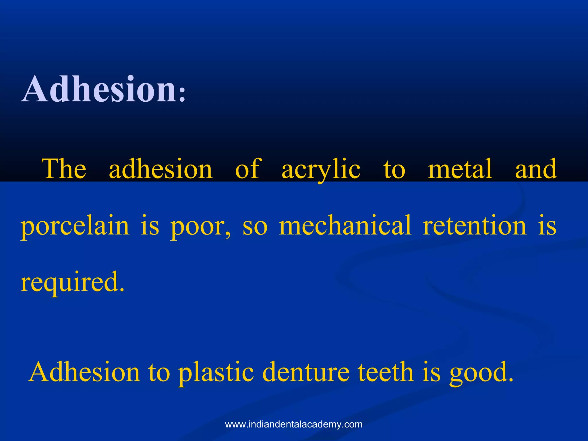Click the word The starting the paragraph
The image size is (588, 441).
click(x=64, y=169)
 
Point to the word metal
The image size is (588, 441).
click(x=460, y=169)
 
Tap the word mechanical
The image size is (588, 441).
click(x=345, y=226)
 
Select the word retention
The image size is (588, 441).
click(x=475, y=226)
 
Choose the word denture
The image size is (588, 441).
click(x=306, y=372)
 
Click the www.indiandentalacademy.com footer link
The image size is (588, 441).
click(x=294, y=424)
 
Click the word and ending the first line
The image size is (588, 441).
click(x=536, y=169)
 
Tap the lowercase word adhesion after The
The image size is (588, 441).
click(x=161, y=169)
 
